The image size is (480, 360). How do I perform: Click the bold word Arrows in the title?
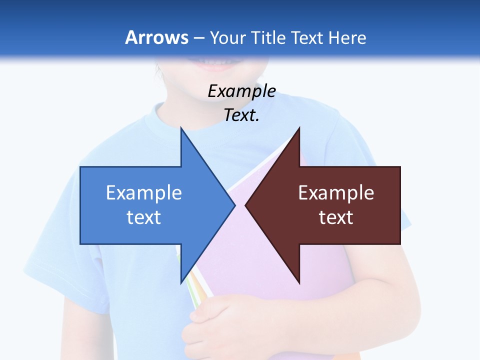(156, 37)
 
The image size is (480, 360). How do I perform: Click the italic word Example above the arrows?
(241, 91)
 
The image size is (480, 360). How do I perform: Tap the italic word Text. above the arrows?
(241, 115)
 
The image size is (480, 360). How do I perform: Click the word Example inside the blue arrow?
(144, 193)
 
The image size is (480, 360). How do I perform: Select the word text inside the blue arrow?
(144, 217)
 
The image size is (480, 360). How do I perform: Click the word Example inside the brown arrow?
(336, 193)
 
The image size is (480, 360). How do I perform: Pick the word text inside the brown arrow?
(336, 217)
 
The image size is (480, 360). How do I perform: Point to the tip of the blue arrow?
(234, 205)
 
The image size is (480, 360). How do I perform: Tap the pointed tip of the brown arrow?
(246, 205)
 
